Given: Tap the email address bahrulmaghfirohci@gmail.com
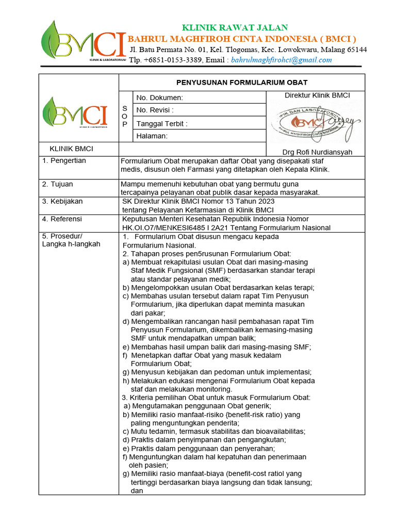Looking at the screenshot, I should (x=282, y=60).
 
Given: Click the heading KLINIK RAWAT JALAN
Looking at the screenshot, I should (x=235, y=27).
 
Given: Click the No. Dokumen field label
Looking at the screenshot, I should (x=159, y=97).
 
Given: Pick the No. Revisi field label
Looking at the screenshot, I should (x=155, y=110).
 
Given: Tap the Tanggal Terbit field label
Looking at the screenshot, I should (x=161, y=123).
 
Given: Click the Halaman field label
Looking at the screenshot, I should (x=152, y=136).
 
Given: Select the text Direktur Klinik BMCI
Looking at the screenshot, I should (x=317, y=95).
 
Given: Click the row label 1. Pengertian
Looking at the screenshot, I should (x=64, y=161).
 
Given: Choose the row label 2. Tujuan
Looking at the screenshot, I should (x=58, y=184).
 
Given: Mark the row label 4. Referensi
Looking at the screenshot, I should (x=63, y=219).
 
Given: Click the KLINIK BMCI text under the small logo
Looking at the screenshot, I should (x=71, y=149).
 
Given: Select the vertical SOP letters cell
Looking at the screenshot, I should (x=125, y=117).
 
